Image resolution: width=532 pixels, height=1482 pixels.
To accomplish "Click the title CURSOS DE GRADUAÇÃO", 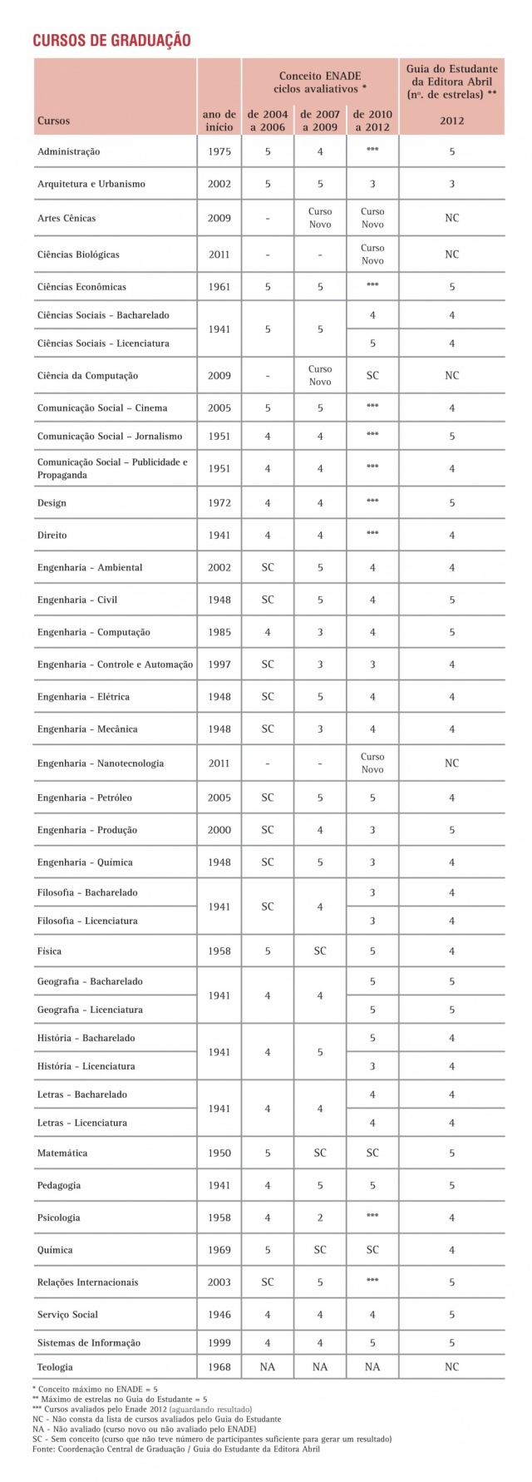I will (111, 41).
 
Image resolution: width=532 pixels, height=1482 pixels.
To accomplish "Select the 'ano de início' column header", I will (219, 121).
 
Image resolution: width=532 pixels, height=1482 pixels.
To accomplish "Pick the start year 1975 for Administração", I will (219, 151).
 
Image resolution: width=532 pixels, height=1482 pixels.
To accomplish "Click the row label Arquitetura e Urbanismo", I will (91, 184).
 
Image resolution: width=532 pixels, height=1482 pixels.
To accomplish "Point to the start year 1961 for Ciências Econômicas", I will (219, 287).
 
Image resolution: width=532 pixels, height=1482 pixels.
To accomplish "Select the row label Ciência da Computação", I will (87, 375).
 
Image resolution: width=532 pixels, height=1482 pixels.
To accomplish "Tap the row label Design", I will (52, 502).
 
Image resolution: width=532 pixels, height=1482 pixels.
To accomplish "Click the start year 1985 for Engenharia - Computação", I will (219, 632).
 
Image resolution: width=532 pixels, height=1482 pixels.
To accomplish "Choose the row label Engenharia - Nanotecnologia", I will (101, 763).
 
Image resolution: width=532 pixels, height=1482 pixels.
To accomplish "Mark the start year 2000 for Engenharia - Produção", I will (219, 830).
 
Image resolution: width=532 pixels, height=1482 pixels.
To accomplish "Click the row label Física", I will (49, 951).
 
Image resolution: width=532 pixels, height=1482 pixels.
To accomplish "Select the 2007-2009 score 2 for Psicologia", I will (320, 1218).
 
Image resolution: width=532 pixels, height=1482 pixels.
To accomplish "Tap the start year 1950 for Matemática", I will (219, 1153).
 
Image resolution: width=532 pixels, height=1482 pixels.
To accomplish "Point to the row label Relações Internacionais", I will (87, 1282).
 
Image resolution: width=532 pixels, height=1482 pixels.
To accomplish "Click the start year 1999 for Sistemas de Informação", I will (219, 1342).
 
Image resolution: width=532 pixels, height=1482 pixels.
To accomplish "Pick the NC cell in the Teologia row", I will (451, 1366).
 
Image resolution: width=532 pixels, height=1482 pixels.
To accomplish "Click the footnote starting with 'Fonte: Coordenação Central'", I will (175, 1448).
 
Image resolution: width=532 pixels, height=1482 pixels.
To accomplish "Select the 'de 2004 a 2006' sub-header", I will (268, 121).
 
